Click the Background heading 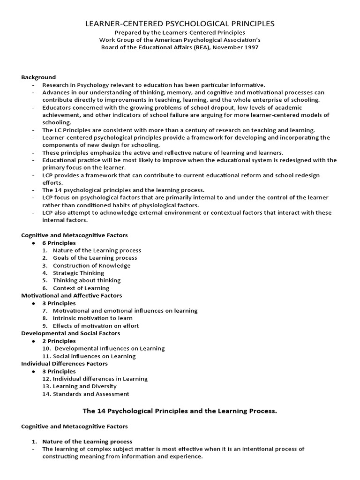(38, 77)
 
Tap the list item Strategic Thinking (78, 273)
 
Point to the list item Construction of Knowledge (91, 265)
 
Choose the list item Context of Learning (81, 288)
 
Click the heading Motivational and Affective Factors (72, 295)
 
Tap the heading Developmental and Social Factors (71, 333)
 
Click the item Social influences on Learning (94, 356)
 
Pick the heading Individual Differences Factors (65, 363)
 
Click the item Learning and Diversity (85, 386)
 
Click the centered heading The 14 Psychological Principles (180, 411)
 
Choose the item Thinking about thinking (87, 280)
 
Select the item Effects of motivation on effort (96, 326)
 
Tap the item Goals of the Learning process (95, 258)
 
